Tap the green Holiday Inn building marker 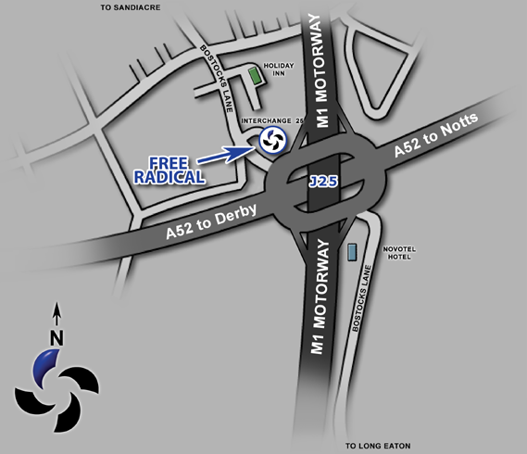tap(257, 76)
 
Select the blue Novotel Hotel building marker tap(351, 251)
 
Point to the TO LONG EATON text tap(379, 446)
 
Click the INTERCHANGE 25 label tap(272, 120)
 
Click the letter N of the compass tap(56, 338)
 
